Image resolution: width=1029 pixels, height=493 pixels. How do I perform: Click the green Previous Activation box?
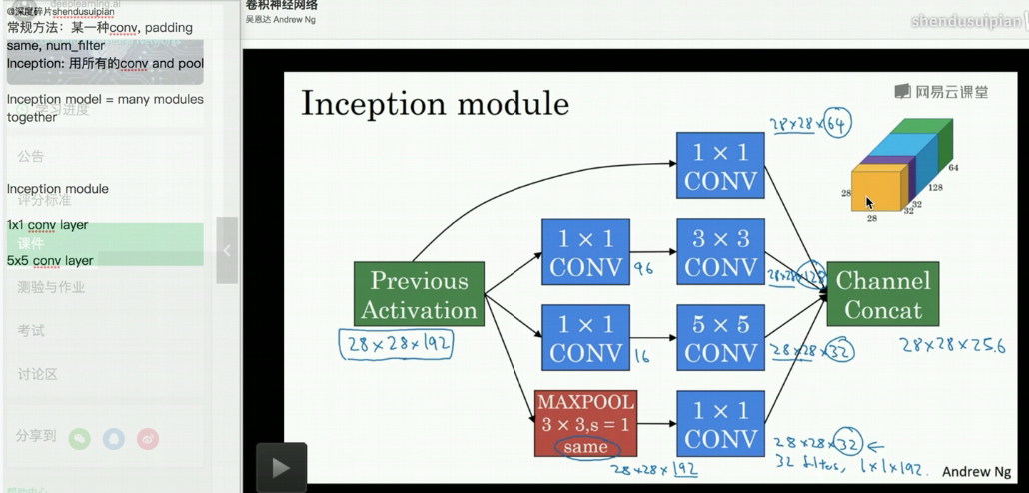[419, 294]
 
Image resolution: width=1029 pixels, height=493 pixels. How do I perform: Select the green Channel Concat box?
[882, 294]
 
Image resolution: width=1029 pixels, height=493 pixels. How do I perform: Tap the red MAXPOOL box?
[586, 424]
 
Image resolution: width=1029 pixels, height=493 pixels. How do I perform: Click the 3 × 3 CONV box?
[720, 252]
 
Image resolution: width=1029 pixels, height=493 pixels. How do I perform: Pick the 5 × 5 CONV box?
[720, 338]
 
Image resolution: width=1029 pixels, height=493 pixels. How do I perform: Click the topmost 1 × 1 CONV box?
[720, 166]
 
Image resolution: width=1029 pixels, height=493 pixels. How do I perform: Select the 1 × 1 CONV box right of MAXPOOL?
[720, 424]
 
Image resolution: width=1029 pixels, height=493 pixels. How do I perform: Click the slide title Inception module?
[435, 103]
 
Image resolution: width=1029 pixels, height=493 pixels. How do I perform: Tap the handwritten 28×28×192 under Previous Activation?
[396, 344]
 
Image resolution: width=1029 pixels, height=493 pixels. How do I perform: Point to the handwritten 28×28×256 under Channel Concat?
[950, 346]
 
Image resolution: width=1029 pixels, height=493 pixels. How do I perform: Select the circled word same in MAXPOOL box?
[586, 447]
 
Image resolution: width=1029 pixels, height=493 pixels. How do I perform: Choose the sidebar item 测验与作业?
[51, 287]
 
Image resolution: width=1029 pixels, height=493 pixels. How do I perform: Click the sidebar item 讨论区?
[37, 374]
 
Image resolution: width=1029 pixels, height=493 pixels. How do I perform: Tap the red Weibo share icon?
[148, 438]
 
